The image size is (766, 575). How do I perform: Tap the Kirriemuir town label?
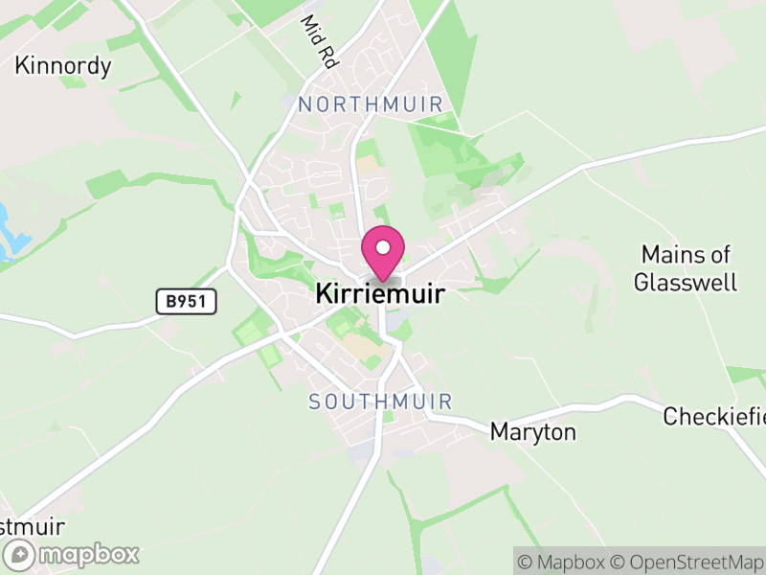click(x=380, y=294)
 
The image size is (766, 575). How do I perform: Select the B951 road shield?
click(x=187, y=302)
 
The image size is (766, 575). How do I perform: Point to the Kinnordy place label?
click(x=63, y=66)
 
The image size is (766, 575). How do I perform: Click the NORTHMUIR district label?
click(x=371, y=104)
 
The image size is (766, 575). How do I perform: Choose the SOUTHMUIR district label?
click(x=380, y=402)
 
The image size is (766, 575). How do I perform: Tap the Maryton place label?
click(x=533, y=432)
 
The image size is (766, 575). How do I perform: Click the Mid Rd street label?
click(x=321, y=40)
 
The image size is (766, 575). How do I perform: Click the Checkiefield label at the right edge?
click(x=714, y=417)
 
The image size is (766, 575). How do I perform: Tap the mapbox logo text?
click(x=89, y=554)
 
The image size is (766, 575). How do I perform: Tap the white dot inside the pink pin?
click(x=383, y=247)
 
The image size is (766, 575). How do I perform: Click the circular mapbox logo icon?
click(x=19, y=554)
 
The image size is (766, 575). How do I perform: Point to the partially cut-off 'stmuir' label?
click(x=32, y=527)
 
